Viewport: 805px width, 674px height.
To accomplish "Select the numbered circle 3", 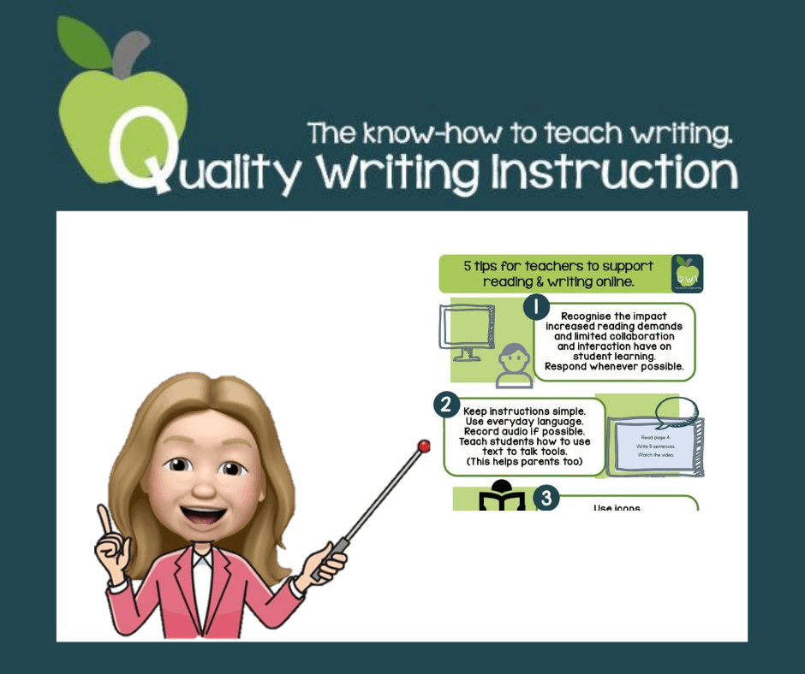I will click(545, 498).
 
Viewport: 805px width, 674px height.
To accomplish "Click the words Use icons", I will click(617, 508).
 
